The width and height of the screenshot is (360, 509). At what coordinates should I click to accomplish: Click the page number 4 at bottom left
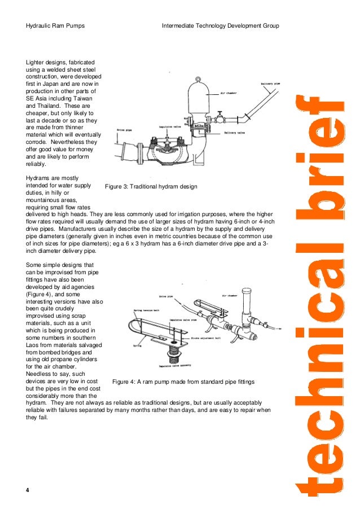click(x=28, y=490)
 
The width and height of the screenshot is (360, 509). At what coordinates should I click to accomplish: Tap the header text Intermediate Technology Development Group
click(x=220, y=27)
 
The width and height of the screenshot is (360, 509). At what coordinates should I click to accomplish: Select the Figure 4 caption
click(x=183, y=382)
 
